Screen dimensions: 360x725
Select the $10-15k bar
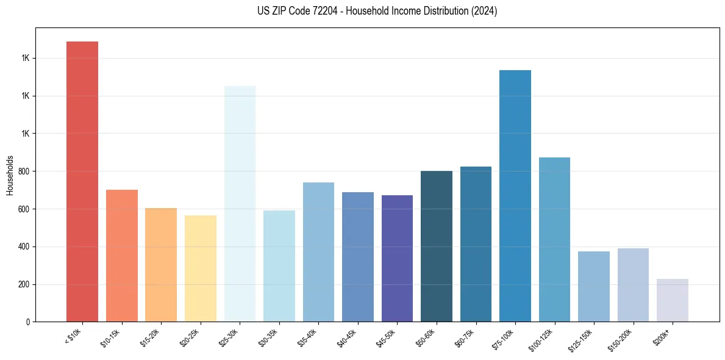point(122,256)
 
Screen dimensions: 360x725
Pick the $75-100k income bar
point(515,196)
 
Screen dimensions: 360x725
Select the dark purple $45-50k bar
point(397,259)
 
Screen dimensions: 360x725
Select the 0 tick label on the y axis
point(28,322)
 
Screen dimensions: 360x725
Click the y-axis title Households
point(10,175)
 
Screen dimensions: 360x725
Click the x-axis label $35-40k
point(308,337)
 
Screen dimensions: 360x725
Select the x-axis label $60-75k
point(465,337)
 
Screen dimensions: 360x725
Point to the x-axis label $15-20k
point(151,337)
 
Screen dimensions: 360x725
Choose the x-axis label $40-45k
point(348,337)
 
